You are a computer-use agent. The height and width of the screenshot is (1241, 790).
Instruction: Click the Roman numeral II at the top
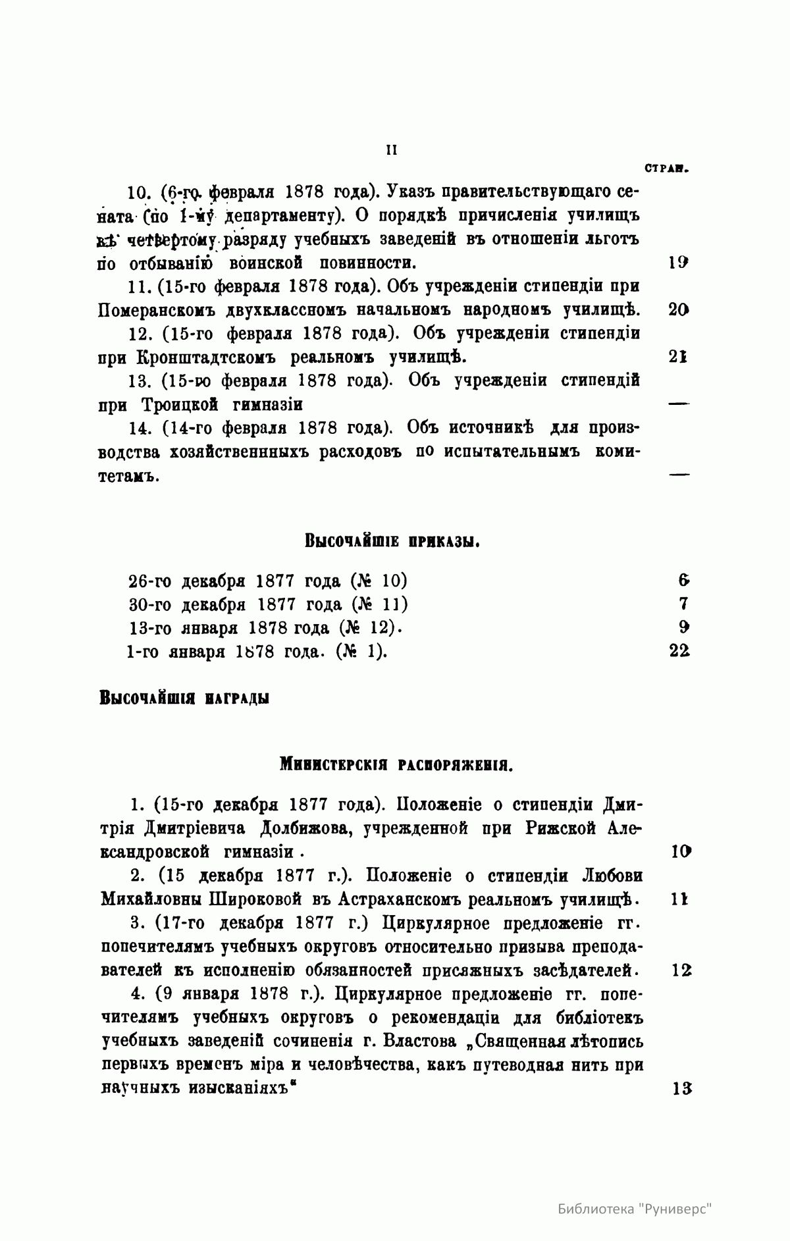pos(390,150)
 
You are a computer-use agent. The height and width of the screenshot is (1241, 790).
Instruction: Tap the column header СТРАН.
pos(667,169)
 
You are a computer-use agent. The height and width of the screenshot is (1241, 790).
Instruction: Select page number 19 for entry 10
pos(678,262)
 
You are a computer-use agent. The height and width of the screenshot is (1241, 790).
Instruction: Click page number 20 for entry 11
pos(678,309)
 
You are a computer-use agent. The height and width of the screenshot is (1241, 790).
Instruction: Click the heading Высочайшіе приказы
pos(391,541)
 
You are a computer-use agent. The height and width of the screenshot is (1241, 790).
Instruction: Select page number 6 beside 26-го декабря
pos(683,580)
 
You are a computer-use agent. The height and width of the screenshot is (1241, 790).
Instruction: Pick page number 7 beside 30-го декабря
pos(683,604)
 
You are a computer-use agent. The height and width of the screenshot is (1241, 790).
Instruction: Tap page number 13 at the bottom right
pos(681,1089)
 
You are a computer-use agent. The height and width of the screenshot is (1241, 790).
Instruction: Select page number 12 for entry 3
pos(681,970)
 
